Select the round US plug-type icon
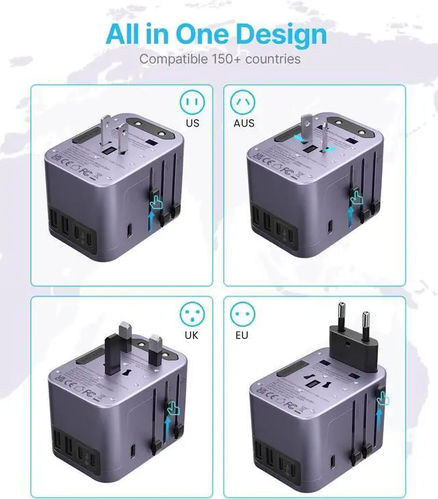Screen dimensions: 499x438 (x=192, y=102)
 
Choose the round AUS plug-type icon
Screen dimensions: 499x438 (x=243, y=102)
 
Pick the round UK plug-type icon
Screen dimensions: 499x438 (x=192, y=314)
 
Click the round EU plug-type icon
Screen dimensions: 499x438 (x=243, y=314)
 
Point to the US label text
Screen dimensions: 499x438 (x=192, y=124)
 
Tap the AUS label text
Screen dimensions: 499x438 (x=243, y=124)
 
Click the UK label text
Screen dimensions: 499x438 (x=192, y=336)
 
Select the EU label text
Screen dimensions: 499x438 (x=243, y=336)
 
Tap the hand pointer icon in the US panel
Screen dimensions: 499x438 (x=157, y=201)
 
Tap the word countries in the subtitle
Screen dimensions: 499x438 (x=274, y=59)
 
